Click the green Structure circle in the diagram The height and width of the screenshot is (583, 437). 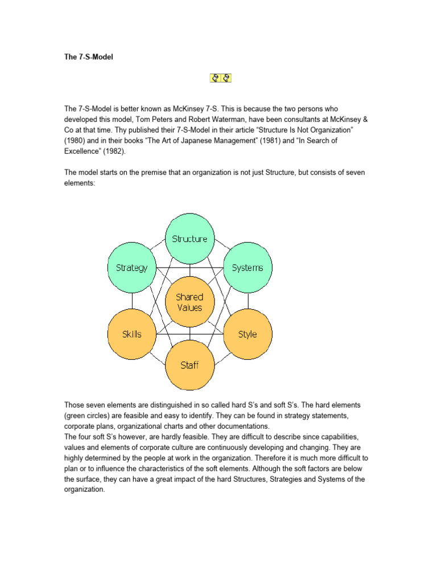[x=189, y=238]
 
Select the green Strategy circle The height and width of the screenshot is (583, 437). [x=131, y=268]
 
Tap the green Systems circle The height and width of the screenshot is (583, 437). [x=248, y=268]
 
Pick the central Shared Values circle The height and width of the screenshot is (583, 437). [x=189, y=302]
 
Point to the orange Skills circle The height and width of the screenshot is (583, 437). [x=131, y=334]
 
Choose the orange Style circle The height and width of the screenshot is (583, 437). [x=248, y=334]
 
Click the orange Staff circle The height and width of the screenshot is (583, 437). [x=189, y=364]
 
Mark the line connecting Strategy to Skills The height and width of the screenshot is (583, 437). [x=131, y=301]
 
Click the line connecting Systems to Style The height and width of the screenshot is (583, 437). [x=248, y=301]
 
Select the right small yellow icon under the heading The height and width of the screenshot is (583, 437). [x=226, y=77]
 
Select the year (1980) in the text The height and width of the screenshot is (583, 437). [x=76, y=139]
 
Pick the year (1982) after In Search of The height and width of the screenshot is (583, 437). [x=116, y=150]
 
